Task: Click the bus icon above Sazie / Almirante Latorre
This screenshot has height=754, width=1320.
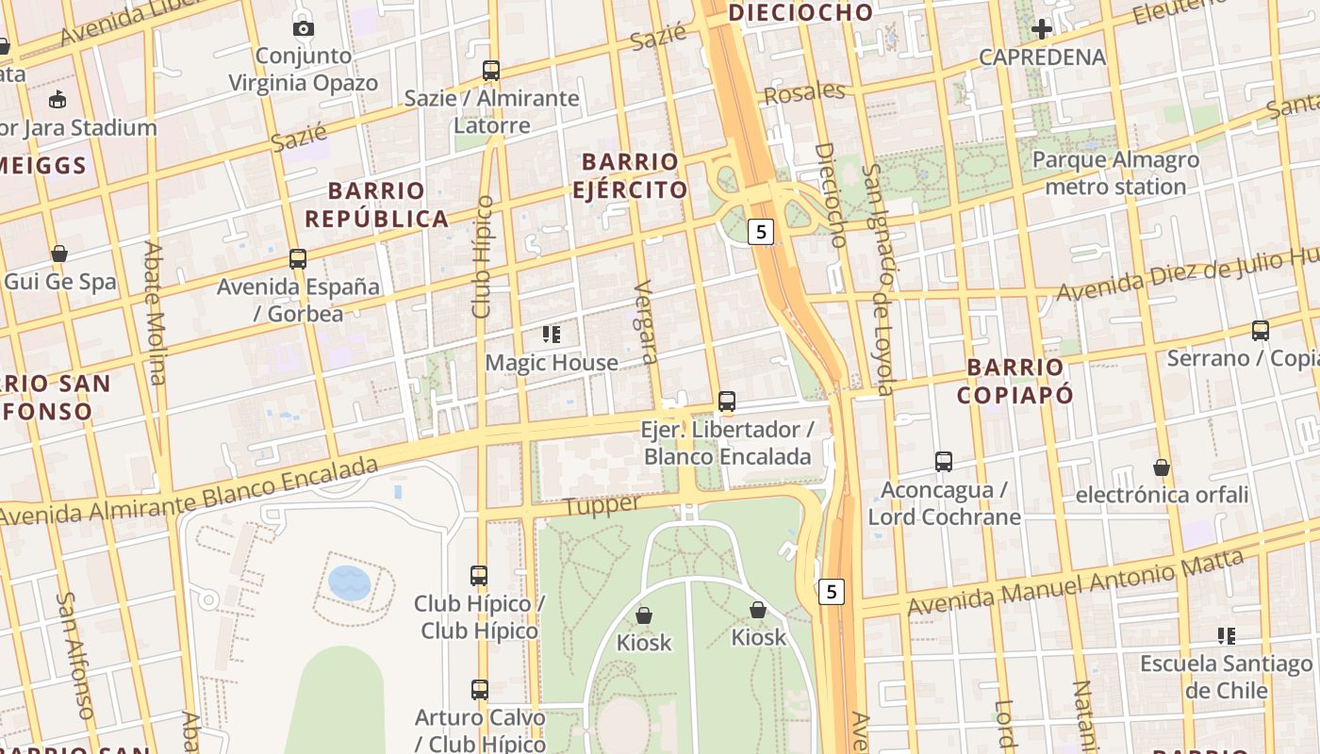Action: click(490, 71)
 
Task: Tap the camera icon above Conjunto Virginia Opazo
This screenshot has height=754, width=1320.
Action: click(304, 28)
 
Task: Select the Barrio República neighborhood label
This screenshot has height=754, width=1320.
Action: click(376, 205)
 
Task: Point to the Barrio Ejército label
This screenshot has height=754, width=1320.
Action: click(630, 175)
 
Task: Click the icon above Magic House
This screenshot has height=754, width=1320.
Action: click(552, 335)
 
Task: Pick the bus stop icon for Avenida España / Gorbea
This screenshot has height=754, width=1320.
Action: click(298, 259)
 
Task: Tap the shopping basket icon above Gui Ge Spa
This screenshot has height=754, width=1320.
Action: click(59, 254)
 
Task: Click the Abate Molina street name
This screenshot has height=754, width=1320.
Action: click(154, 313)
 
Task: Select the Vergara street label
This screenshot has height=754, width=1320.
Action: click(646, 321)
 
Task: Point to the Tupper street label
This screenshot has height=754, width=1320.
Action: click(602, 506)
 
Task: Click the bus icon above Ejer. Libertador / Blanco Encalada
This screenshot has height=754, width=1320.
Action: click(726, 402)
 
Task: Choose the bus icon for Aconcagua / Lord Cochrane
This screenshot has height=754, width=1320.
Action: click(944, 462)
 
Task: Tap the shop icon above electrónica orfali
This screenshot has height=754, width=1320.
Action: click(1162, 467)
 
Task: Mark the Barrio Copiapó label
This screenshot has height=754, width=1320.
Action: click(1015, 381)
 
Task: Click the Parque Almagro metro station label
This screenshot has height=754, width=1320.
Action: click(1115, 172)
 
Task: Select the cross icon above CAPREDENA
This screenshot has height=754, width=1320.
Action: click(1042, 28)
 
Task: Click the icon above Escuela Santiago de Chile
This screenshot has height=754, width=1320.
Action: click(1226, 636)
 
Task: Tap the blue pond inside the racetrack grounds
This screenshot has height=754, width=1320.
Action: click(349, 582)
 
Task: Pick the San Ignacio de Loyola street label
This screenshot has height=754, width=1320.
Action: click(877, 280)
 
